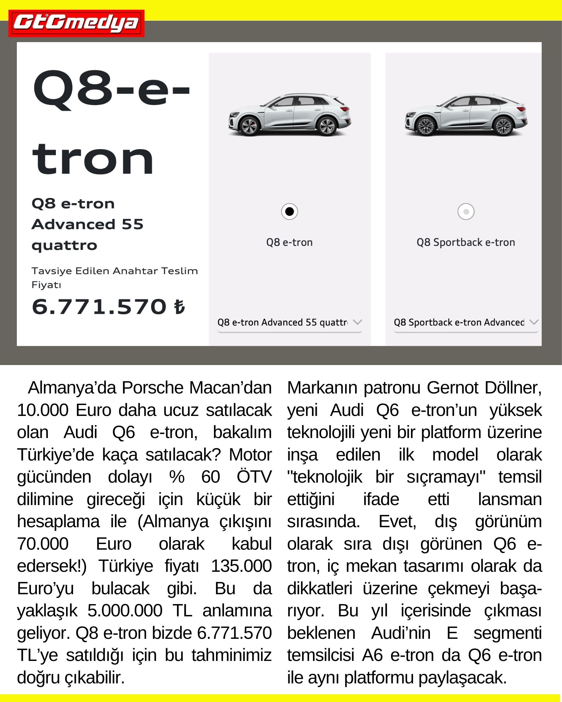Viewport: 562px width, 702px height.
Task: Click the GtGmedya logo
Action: coord(76,23)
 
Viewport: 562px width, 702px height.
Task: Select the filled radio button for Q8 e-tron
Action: coord(289,212)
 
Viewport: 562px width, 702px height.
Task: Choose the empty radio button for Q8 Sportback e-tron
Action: coord(466,212)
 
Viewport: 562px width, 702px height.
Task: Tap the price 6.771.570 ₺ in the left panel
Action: coord(108,307)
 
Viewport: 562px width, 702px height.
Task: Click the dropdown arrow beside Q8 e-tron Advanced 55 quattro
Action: coord(358,322)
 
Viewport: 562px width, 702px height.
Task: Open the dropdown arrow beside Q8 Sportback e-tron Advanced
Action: coord(534,322)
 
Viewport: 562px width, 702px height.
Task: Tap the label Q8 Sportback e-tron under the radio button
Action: coord(466,242)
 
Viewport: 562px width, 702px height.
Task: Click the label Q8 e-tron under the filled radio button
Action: coord(289,242)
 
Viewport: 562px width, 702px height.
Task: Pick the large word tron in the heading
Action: coord(93,160)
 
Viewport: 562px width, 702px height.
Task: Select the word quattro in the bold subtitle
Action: coord(64,245)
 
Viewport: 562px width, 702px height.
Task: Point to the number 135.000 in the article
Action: coord(241,566)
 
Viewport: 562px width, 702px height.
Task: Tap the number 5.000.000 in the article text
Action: coord(125,611)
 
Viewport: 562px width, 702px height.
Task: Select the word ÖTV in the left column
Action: coord(254,477)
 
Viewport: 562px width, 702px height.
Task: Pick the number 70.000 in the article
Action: coord(43,544)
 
